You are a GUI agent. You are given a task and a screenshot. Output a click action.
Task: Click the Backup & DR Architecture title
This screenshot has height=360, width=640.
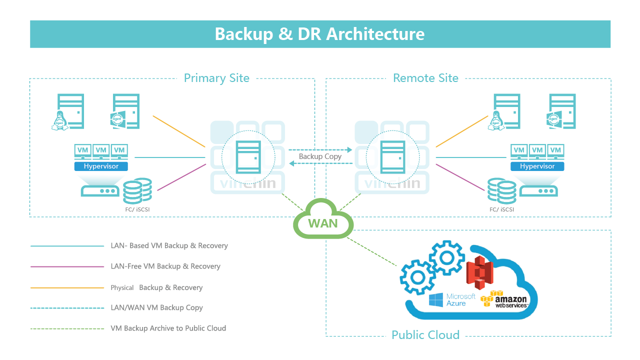[x=320, y=34]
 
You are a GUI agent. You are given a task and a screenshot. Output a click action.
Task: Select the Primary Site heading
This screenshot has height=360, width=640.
[x=216, y=78]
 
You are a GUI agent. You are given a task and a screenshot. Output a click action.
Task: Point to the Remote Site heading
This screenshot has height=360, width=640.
[x=425, y=78]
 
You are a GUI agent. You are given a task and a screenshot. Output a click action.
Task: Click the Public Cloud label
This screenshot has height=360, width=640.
[x=425, y=335]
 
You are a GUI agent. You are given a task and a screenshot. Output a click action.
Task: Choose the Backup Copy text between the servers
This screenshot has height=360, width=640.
[x=320, y=156]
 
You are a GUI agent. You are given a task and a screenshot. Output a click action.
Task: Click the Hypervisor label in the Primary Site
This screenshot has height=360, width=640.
[x=101, y=166]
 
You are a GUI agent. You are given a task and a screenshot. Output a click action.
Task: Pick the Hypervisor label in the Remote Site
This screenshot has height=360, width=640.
[x=537, y=166]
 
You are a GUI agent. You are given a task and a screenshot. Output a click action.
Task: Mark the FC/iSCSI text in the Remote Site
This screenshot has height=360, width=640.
[x=501, y=209]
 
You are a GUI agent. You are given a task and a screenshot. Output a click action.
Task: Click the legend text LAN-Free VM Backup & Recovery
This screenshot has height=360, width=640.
[x=165, y=266]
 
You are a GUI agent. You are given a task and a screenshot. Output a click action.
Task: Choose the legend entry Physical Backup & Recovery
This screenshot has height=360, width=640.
[x=156, y=287]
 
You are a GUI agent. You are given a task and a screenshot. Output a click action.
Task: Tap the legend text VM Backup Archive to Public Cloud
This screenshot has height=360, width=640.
[x=168, y=328]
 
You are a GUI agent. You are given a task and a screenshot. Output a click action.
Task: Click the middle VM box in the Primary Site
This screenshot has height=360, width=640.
[x=101, y=150]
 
